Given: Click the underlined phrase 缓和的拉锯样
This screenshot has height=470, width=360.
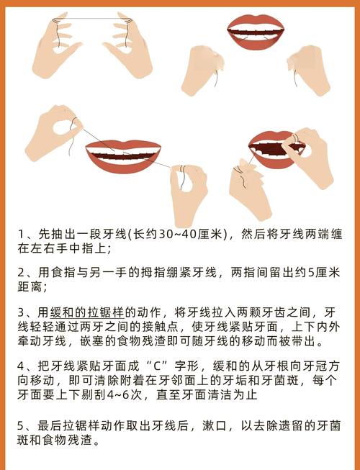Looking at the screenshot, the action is tap(87, 312).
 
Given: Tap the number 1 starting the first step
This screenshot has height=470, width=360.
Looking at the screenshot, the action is tap(21, 234).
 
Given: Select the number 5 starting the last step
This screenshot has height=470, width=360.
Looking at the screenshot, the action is tap(20, 426).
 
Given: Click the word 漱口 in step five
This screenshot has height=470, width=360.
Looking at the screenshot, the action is tap(215, 426).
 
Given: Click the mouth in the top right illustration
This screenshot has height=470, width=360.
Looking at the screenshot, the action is tap(256, 32).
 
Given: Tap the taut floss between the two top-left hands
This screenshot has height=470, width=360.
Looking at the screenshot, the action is tap(92, 19).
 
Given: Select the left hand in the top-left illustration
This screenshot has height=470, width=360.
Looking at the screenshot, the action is tap(56, 45).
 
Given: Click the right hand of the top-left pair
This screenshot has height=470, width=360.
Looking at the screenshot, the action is tap(128, 45).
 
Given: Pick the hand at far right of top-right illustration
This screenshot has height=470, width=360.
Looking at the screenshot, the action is tap(309, 71).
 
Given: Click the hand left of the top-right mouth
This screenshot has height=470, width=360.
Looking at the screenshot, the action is tap(202, 71).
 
